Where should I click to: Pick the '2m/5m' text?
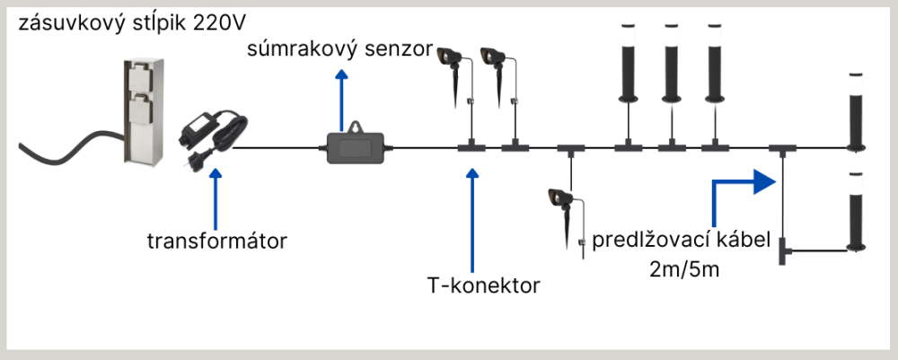679,268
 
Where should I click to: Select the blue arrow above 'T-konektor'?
473,215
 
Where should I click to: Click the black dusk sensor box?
357,144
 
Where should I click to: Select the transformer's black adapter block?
199,136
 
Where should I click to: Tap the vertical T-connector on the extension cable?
784,250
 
